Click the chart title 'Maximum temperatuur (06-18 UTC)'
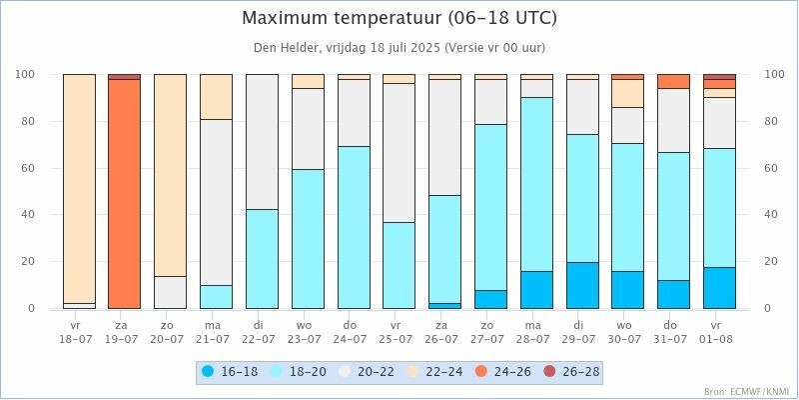[x=399, y=19]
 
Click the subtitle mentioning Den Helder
[x=399, y=47]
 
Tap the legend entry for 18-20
[x=296, y=372]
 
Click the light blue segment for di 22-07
[x=262, y=259]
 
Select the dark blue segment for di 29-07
[x=582, y=286]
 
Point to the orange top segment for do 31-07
[x=673, y=81]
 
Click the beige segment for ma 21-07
[x=216, y=97]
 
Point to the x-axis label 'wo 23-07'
[x=308, y=332]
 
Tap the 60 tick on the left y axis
[x=28, y=168]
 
